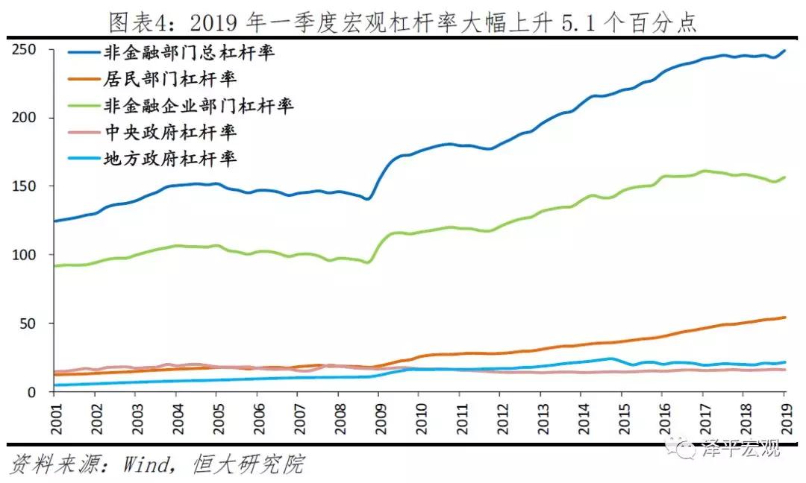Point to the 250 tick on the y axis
pyautogui.click(x=27, y=50)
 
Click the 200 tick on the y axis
pyautogui.click(x=27, y=118)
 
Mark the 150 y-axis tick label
pyautogui.click(x=27, y=186)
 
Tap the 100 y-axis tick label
pyautogui.click(x=27, y=255)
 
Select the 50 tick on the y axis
pyautogui.click(x=31, y=323)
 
